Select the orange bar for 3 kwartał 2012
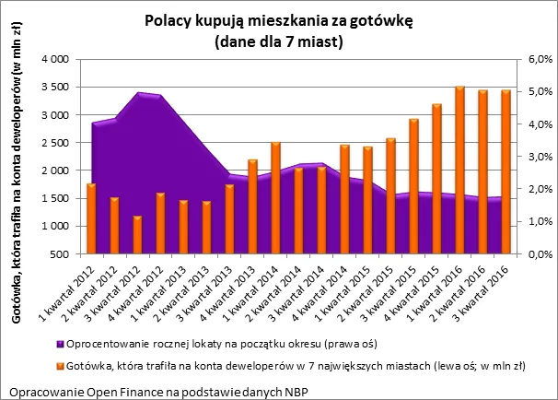click(137, 235)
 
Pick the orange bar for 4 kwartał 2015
click(436, 179)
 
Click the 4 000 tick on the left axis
click(56, 59)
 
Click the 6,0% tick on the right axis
click(539, 59)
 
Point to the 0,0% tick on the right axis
click(539, 253)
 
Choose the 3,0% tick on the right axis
click(539, 157)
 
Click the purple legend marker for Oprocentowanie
click(60, 344)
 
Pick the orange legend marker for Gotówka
click(60, 366)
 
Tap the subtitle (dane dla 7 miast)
click(278, 41)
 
